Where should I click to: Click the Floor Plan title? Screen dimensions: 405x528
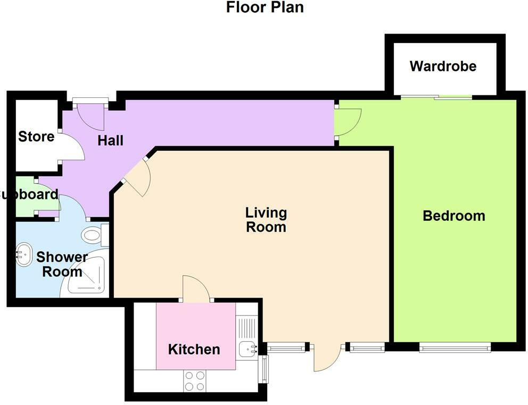[265, 8]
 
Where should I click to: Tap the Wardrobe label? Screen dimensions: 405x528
[443, 67]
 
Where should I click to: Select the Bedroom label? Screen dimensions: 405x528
[453, 216]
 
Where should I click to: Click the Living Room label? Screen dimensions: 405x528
[266, 220]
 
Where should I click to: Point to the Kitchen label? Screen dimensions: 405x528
[194, 350]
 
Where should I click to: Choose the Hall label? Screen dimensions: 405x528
[111, 140]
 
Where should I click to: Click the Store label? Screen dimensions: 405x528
[36, 137]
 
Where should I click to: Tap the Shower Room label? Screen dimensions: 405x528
[61, 265]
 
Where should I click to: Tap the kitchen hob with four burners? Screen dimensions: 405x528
[194, 381]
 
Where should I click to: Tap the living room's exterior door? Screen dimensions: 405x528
[326, 358]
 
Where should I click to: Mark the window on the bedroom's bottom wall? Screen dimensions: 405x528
[455, 348]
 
